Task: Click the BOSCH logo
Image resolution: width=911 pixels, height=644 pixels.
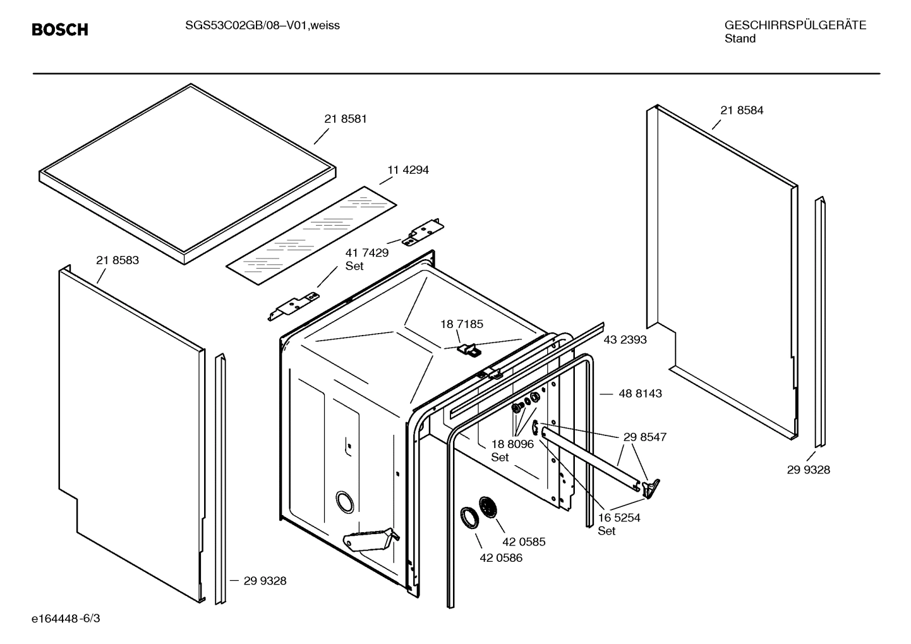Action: click(x=60, y=30)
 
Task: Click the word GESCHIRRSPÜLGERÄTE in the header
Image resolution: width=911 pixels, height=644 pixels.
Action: click(x=795, y=25)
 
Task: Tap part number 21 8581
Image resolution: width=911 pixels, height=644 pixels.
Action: click(x=346, y=119)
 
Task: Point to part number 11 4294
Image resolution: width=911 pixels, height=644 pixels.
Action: click(x=407, y=170)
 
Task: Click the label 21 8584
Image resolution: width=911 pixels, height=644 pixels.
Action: click(x=742, y=110)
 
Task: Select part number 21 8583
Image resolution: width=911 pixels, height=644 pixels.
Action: click(x=118, y=260)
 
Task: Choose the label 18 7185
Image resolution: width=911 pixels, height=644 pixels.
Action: click(x=462, y=324)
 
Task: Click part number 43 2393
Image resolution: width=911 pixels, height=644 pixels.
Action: click(x=625, y=339)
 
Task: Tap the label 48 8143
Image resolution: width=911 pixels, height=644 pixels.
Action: click(x=640, y=393)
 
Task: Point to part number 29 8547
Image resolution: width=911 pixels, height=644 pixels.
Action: click(x=644, y=437)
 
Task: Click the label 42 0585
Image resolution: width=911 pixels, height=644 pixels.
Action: click(x=524, y=542)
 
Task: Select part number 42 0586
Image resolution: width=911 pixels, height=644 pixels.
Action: click(x=501, y=558)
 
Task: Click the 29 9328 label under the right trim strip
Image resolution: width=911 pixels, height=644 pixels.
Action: click(x=809, y=470)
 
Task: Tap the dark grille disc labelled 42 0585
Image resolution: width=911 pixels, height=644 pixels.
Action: click(x=489, y=507)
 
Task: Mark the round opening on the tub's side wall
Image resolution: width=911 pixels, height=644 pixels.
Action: click(x=345, y=501)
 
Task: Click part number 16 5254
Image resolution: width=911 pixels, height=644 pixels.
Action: click(x=619, y=518)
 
